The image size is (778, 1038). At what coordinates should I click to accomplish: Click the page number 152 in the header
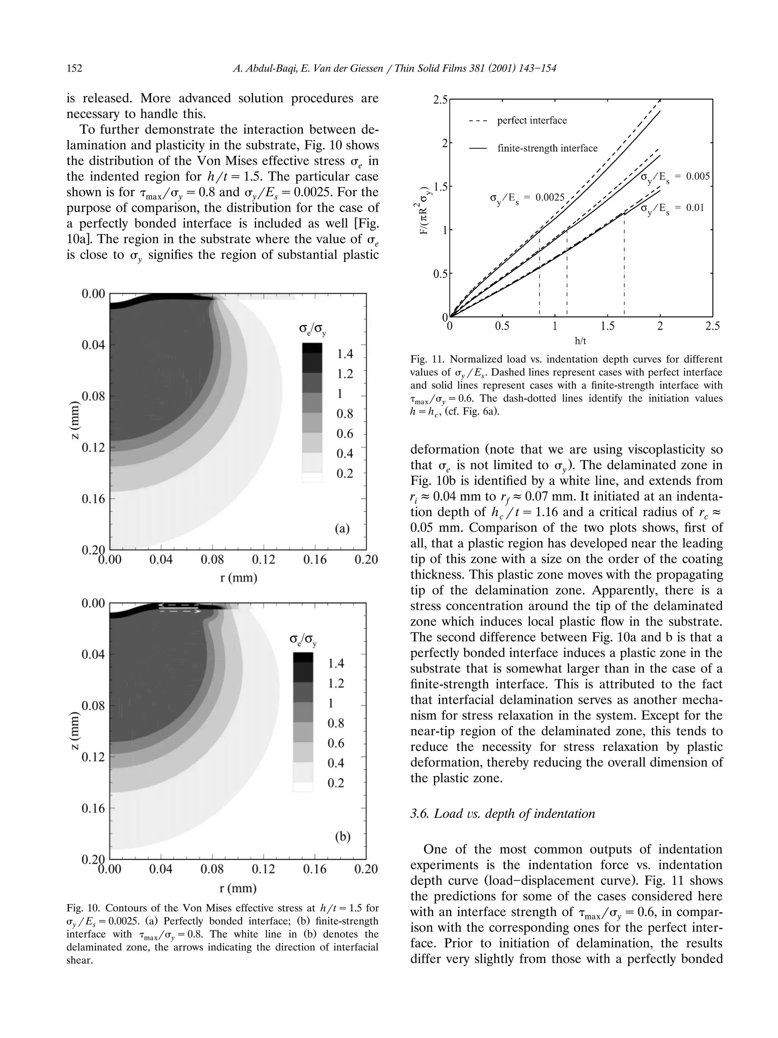coord(74,68)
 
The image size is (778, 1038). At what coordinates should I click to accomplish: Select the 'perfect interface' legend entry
coord(531,121)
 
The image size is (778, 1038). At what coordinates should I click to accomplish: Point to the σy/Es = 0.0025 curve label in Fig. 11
coord(527,198)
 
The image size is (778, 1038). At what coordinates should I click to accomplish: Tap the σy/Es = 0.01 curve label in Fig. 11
coord(672,208)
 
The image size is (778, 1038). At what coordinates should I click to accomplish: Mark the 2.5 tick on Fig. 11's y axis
coord(441,100)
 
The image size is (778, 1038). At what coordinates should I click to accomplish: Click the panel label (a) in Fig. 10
coord(342,529)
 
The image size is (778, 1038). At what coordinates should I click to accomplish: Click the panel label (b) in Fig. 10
coord(342,837)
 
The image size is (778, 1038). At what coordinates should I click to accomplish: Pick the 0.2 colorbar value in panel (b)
coord(336,783)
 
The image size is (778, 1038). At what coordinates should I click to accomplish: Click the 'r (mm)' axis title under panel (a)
coord(238,577)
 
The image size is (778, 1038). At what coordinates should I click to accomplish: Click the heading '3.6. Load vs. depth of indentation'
coord(502,813)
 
